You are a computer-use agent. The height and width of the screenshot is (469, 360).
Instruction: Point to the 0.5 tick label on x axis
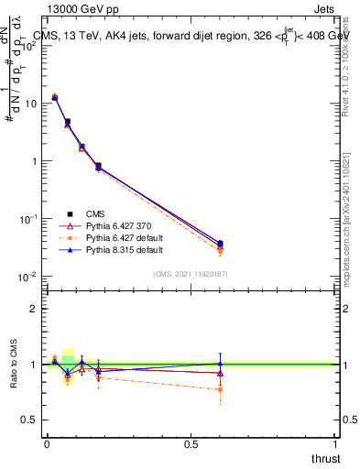point(191,444)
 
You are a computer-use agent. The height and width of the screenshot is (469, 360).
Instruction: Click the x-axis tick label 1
point(335,444)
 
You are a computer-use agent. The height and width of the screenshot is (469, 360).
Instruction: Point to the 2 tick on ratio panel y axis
point(34,309)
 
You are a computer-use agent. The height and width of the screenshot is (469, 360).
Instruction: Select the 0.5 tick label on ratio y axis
point(30,420)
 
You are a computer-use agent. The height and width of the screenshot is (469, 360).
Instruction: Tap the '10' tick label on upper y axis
point(32,103)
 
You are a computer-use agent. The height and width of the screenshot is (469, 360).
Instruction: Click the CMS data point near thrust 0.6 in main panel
point(220,244)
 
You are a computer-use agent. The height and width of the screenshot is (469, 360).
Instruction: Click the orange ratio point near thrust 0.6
point(220,389)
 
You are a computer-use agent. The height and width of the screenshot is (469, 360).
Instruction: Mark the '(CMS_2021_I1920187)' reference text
point(190,273)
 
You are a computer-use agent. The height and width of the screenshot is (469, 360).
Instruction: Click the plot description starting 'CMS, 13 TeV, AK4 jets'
point(192,36)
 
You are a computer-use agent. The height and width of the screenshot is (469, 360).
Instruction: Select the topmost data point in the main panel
point(55,96)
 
